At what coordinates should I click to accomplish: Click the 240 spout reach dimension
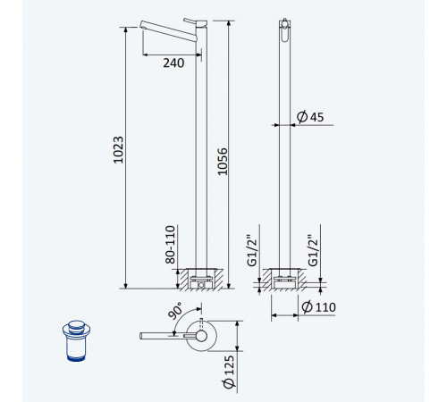click(173, 63)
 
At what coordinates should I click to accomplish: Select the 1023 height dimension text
click(119, 150)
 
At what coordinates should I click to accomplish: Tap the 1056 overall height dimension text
click(223, 162)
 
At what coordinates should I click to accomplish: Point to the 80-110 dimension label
click(171, 245)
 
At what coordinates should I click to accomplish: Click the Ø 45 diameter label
click(310, 116)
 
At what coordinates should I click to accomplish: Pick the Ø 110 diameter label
click(318, 306)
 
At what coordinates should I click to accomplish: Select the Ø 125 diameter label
click(229, 372)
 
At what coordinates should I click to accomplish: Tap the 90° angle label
click(175, 311)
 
